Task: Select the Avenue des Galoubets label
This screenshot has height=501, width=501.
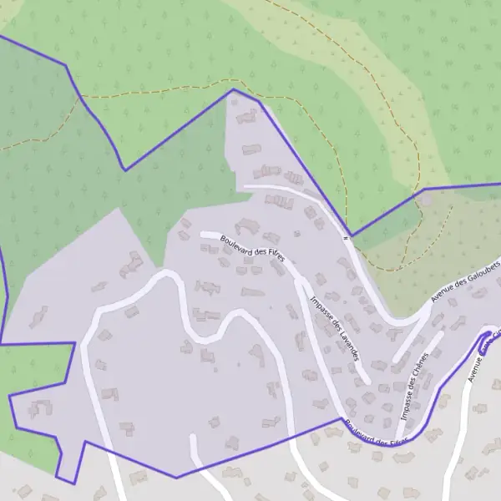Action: [464, 281]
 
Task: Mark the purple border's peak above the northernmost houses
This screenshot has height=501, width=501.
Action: [233, 89]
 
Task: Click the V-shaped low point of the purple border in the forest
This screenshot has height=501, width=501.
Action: [125, 170]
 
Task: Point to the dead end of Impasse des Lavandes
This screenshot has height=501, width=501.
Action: [368, 382]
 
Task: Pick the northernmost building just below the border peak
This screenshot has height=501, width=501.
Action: [248, 117]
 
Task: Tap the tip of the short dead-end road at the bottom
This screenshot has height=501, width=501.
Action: [193, 436]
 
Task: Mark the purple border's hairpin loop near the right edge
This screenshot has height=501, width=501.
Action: [486, 337]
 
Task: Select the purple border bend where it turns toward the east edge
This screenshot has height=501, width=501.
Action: [423, 189]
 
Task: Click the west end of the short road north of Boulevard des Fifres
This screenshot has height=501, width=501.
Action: [244, 187]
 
